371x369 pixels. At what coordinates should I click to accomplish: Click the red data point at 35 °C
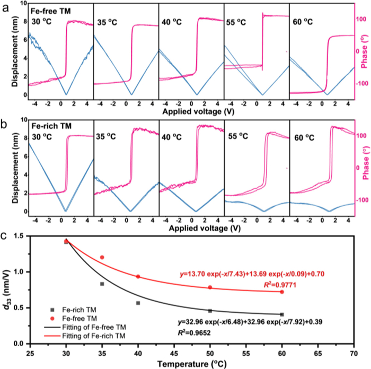102,257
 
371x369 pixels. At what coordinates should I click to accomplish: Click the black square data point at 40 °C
138,303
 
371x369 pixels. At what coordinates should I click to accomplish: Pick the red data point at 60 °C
282,292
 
